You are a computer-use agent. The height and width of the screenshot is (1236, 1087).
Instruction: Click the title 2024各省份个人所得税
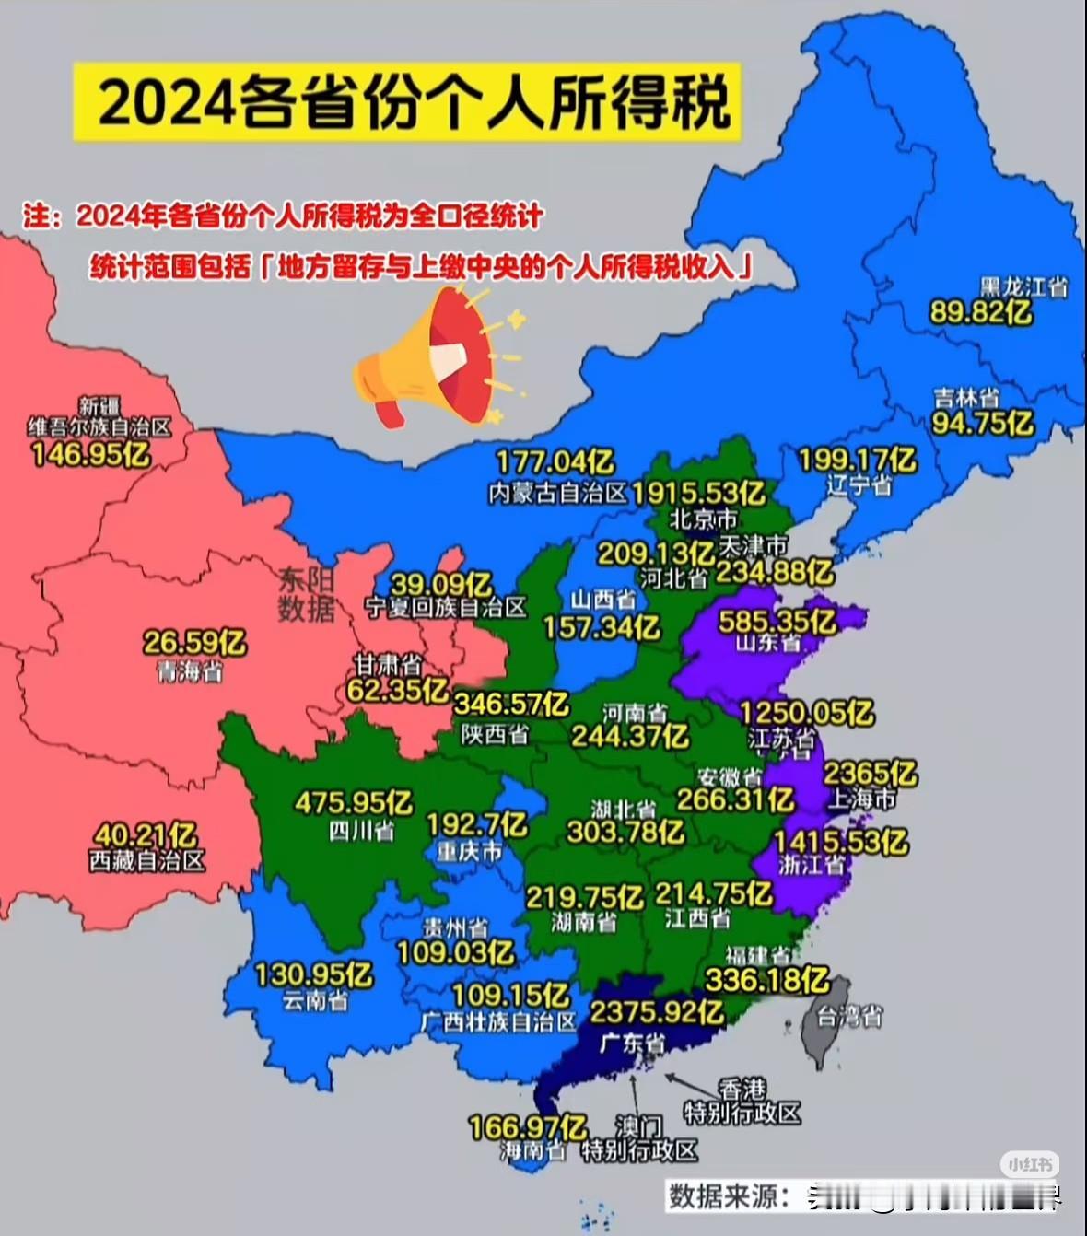tap(406, 101)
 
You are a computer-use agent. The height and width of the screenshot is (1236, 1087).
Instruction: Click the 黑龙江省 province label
tap(1023, 287)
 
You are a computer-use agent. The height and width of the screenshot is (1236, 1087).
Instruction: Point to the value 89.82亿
tap(980, 313)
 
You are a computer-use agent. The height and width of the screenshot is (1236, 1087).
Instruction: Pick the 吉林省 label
tap(966, 398)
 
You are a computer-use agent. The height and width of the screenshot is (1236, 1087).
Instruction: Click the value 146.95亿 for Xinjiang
tap(90, 454)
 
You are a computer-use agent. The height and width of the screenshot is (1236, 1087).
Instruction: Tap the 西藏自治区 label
tap(147, 861)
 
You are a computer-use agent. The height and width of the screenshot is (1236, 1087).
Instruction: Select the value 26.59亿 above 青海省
tap(194, 642)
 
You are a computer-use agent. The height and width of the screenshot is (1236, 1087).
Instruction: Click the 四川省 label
tap(361, 831)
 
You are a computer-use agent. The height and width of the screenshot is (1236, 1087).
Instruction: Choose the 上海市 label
tap(861, 799)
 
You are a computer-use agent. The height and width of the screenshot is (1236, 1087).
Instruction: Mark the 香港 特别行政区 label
tap(742, 1102)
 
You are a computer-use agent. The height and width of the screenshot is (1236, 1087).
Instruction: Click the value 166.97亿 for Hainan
tap(528, 1127)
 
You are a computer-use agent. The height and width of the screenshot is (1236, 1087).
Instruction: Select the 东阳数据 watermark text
tap(306, 594)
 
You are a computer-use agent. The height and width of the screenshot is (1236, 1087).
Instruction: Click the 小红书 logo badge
tap(1031, 1164)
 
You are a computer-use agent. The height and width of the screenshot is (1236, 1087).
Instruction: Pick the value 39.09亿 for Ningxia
tap(441, 584)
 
